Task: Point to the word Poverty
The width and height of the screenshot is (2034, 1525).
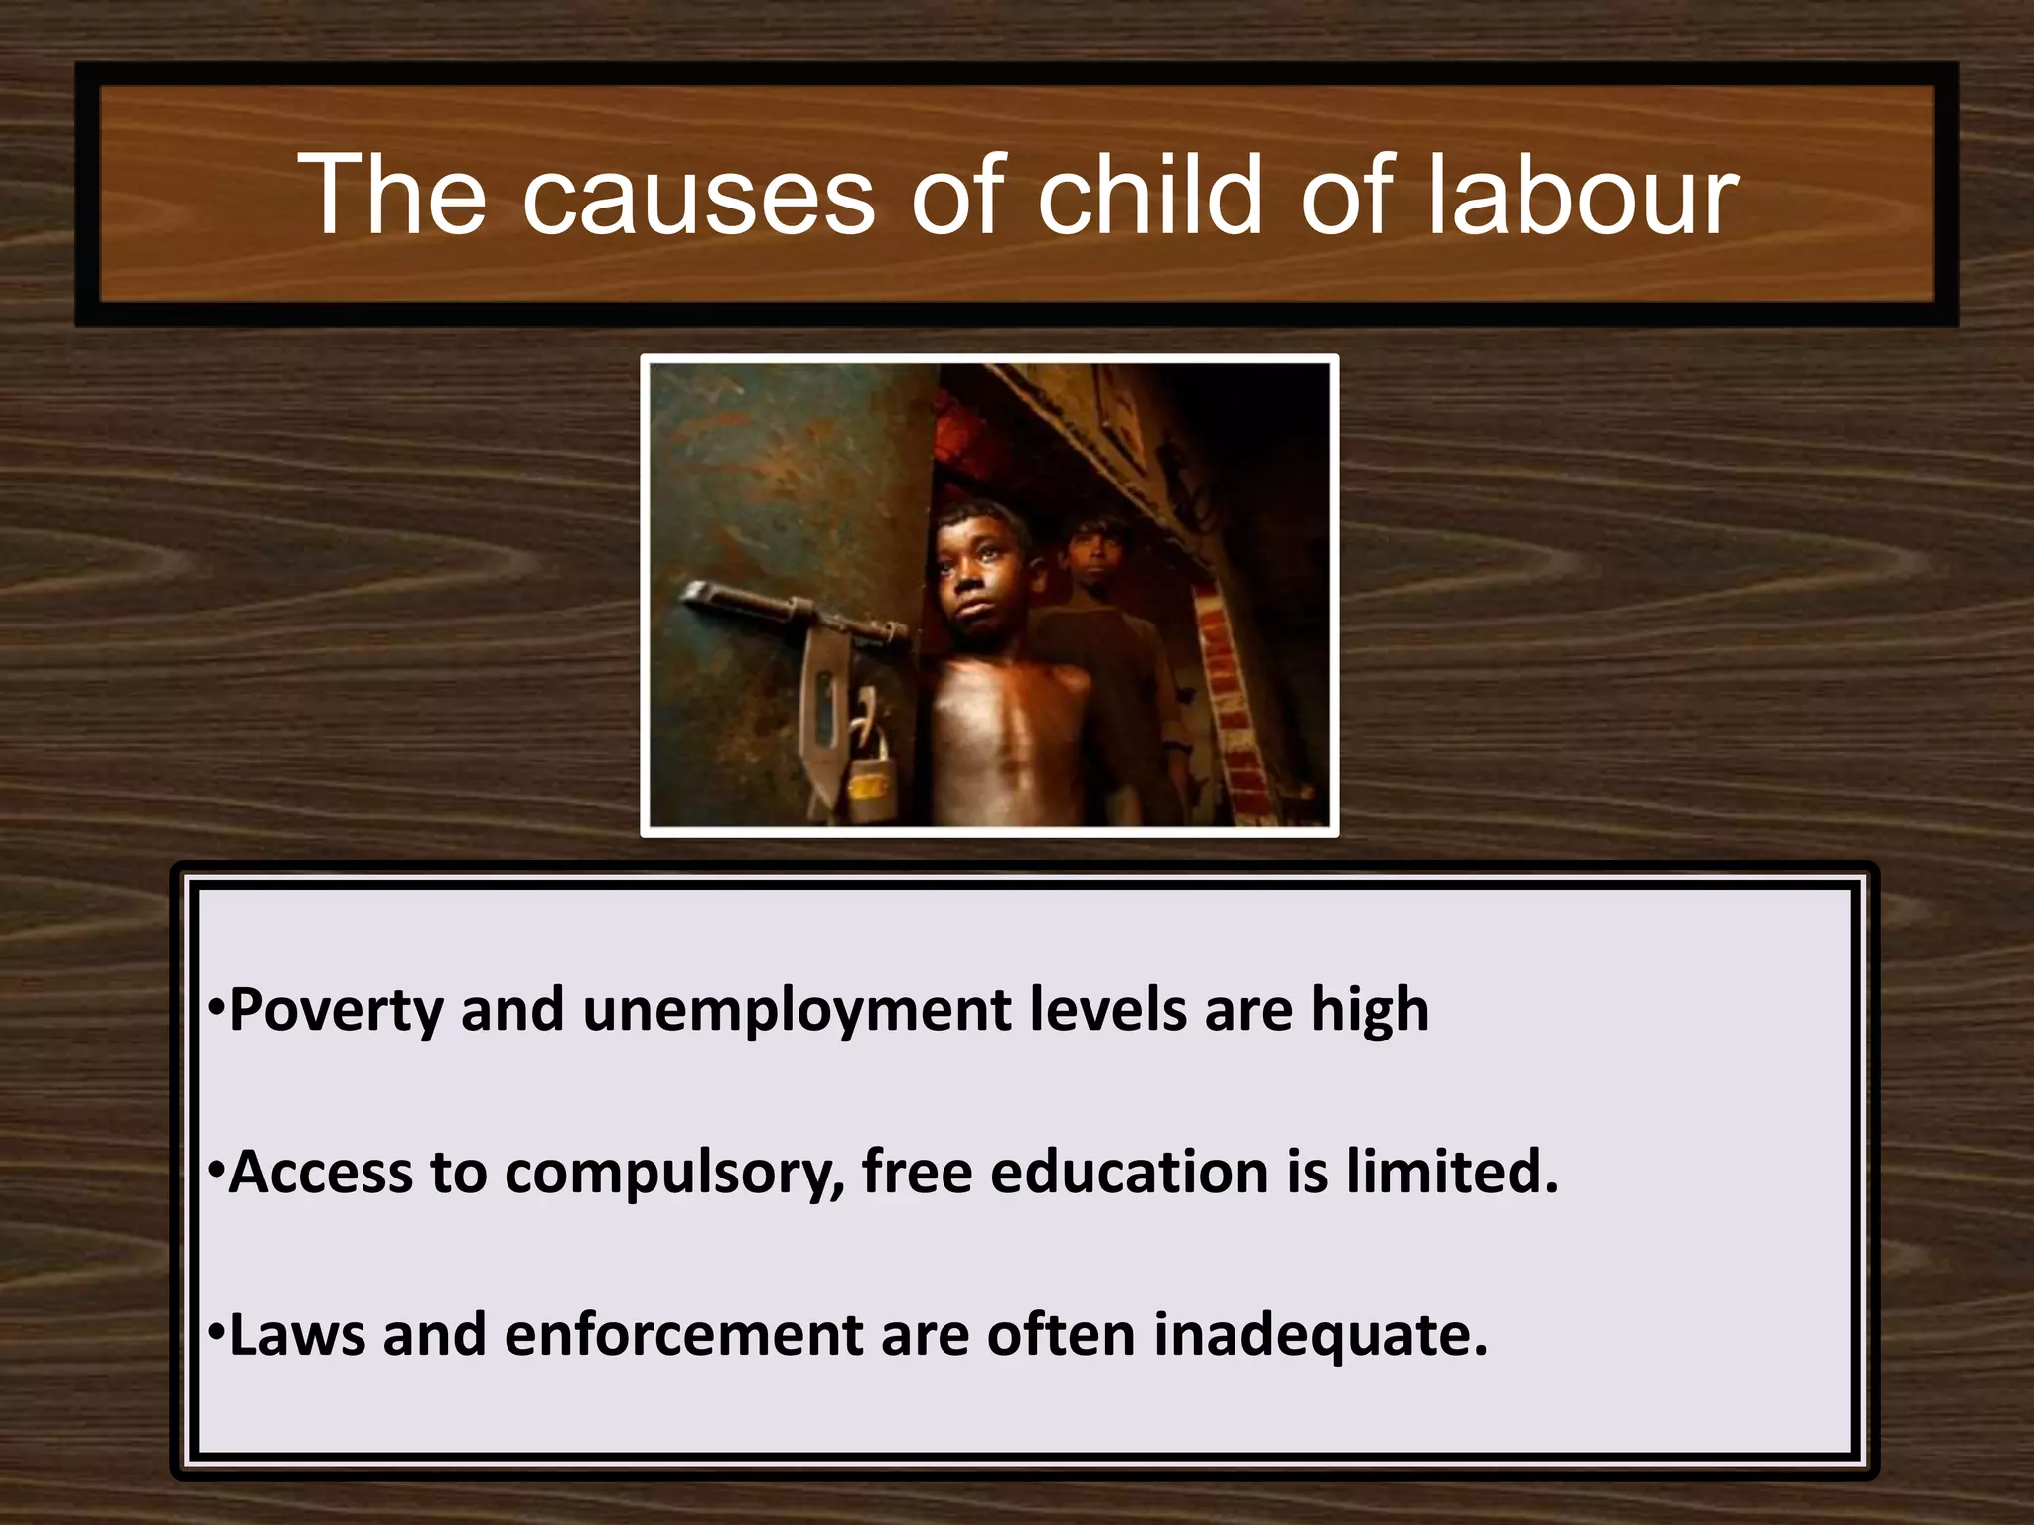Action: (x=336, y=1011)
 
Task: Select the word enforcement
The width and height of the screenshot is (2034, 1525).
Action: (x=684, y=1335)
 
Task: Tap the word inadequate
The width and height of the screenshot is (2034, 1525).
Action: (x=1320, y=1335)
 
